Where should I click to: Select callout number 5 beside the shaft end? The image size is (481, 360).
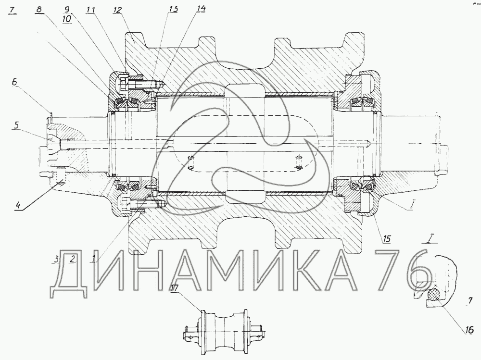(16, 125)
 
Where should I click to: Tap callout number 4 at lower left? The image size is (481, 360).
(18, 205)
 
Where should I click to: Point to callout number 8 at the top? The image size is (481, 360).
(38, 10)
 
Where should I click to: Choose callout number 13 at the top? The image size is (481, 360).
(173, 9)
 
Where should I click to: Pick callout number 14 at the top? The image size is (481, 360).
(201, 9)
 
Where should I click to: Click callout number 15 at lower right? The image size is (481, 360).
(387, 238)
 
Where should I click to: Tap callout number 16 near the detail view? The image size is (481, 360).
(469, 330)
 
